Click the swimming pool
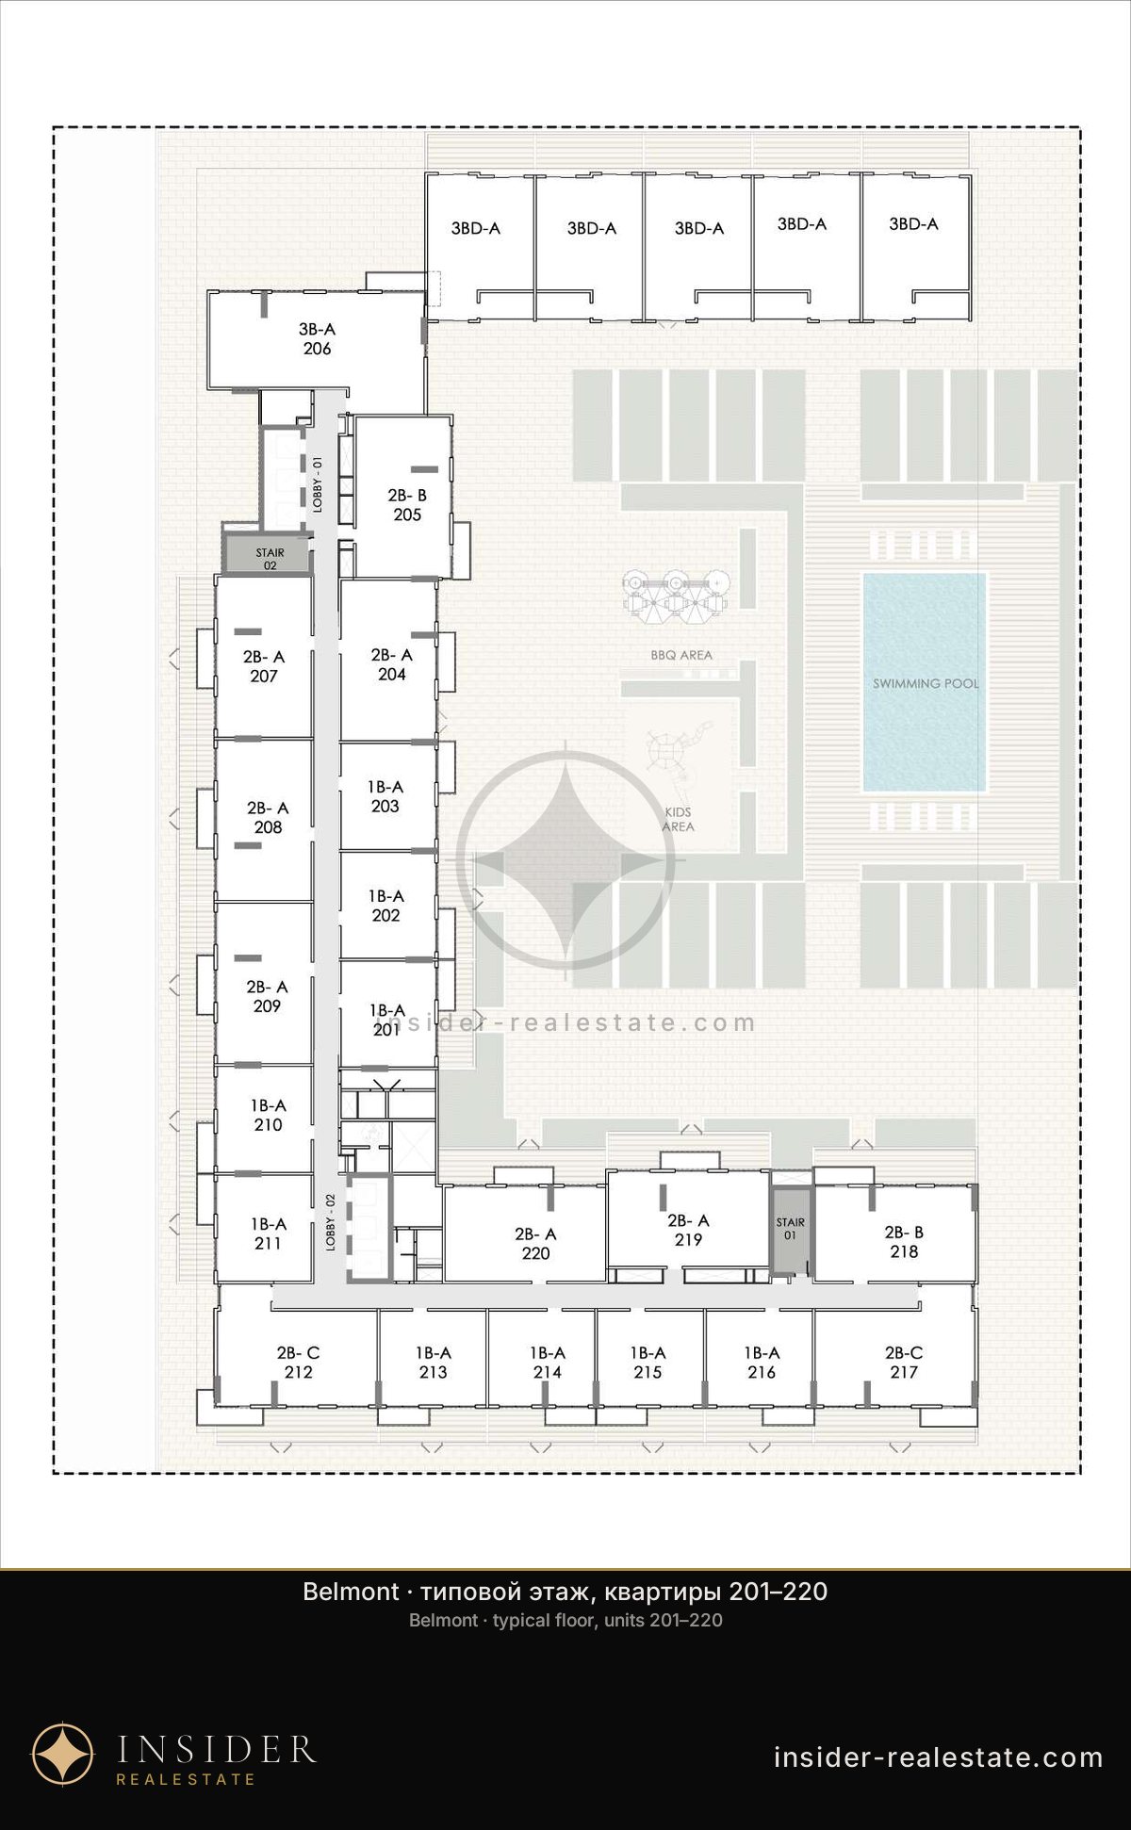point(925,682)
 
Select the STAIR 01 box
point(791,1229)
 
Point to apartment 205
point(404,497)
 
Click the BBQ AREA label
point(681,655)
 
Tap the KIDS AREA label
point(678,819)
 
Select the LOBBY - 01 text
point(318,483)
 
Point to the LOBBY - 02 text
point(330,1222)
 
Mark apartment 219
point(688,1219)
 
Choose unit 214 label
point(547,1363)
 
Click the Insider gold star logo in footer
point(63,1754)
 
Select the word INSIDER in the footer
point(217,1749)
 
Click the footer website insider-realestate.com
point(939,1757)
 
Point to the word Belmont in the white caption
point(351,1592)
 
